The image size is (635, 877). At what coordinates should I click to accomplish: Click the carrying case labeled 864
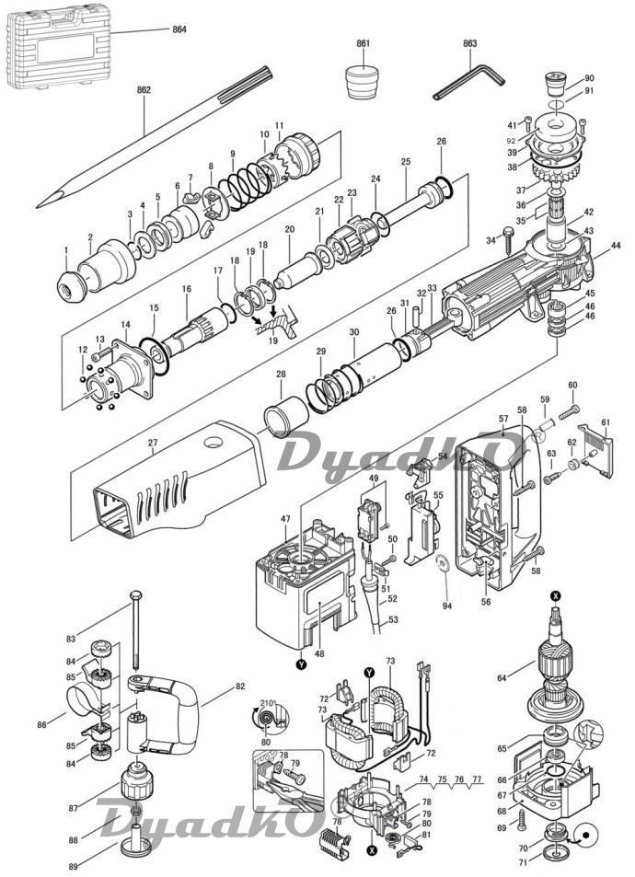[58, 46]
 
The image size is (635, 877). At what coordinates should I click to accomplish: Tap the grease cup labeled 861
[364, 82]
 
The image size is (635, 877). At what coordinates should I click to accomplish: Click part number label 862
[144, 89]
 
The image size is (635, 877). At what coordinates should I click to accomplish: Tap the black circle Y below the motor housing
[303, 665]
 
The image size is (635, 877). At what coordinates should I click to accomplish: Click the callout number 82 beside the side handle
[240, 687]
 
